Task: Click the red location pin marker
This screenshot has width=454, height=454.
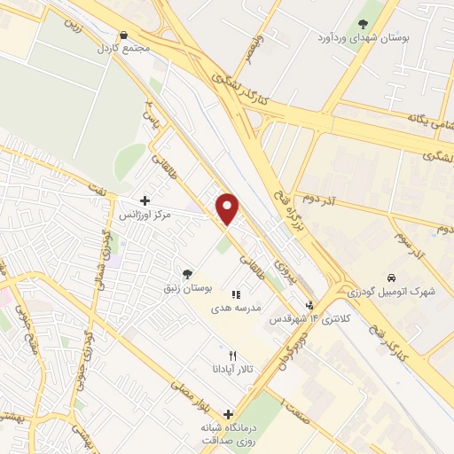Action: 229,207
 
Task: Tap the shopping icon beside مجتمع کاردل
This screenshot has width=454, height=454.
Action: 122,35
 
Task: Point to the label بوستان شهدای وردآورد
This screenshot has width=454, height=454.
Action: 362,39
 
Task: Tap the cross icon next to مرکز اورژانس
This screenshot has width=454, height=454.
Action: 145,201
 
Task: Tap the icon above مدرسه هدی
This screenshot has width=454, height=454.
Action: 235,294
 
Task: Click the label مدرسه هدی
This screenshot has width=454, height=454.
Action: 235,308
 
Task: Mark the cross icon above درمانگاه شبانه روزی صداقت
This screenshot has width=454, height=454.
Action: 229,414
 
